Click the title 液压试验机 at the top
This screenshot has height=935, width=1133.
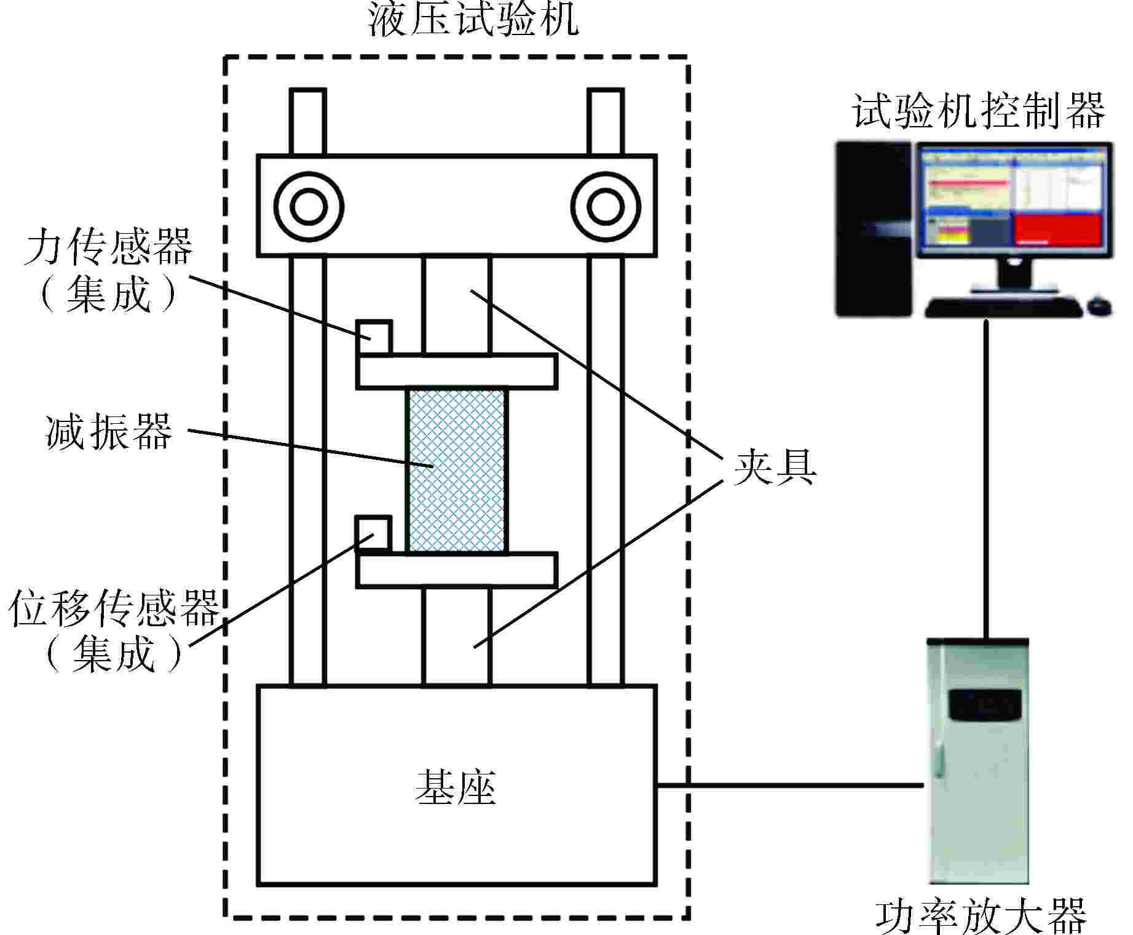(472, 20)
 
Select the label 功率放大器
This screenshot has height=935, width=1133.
(981, 915)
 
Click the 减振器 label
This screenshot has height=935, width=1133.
(109, 432)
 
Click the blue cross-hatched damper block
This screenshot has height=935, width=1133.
(457, 471)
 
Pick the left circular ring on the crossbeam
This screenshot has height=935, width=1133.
(308, 206)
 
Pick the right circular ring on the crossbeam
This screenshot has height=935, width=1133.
(606, 206)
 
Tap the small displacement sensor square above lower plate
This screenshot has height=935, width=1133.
(374, 532)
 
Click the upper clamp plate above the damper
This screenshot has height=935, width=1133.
(457, 372)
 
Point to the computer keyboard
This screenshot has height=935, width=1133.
(1003, 307)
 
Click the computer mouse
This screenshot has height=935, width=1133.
(1100, 306)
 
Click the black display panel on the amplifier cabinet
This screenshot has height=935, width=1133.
(985, 705)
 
